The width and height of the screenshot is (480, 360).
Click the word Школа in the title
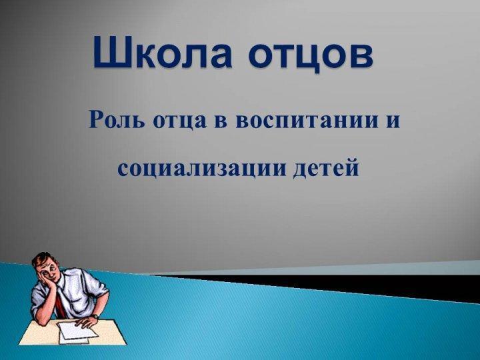(163, 53)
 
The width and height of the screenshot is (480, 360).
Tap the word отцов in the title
(311, 55)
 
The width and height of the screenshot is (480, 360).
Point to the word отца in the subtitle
(180, 121)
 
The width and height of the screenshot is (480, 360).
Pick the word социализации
(202, 169)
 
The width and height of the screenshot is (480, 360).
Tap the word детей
(326, 168)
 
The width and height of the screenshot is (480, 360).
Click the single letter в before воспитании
(221, 121)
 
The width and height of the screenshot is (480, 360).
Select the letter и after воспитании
(393, 121)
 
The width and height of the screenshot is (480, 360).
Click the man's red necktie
(60, 302)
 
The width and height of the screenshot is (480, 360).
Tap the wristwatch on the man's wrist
(95, 317)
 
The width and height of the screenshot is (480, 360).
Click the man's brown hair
(43, 259)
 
